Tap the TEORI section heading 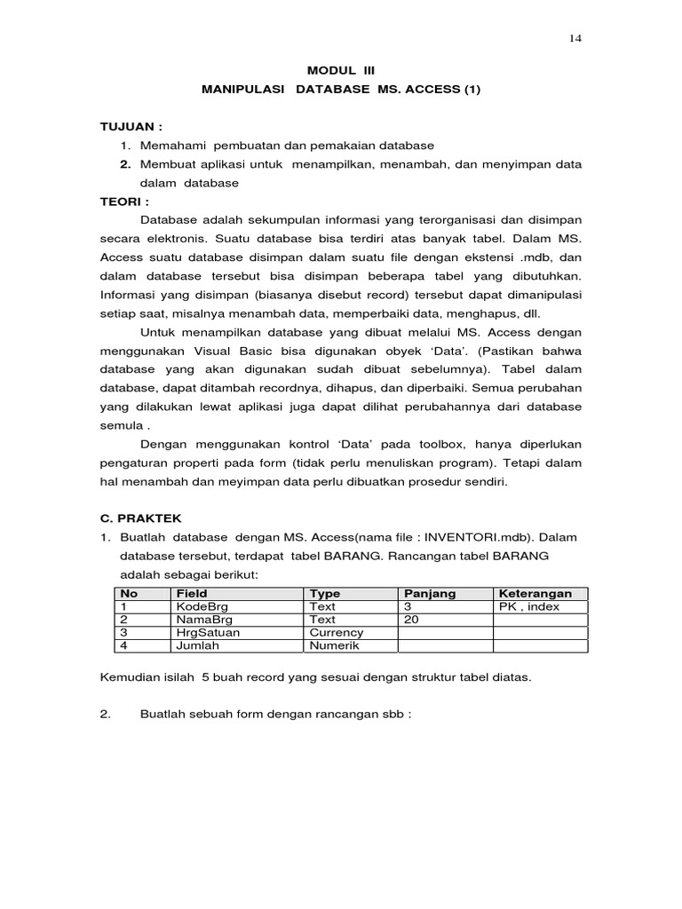pos(125,202)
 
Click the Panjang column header pos(430,594)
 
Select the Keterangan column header pos(535,594)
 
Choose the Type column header pos(324,594)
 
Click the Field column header pos(192,594)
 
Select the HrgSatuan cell pos(207,633)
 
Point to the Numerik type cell pos(335,646)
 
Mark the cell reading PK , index pos(529,606)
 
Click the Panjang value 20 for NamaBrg pos(411,620)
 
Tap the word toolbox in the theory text pos(423,444)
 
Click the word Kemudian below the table pos(130,678)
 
